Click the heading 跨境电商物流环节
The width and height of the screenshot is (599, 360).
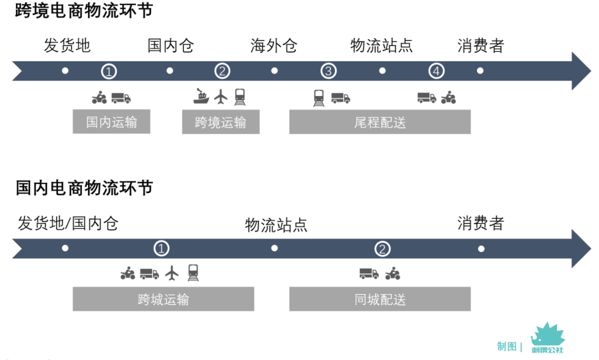(84, 11)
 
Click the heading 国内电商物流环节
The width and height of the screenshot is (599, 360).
(84, 189)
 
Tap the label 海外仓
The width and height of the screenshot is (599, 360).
(273, 45)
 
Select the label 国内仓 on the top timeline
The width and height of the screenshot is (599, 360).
(170, 45)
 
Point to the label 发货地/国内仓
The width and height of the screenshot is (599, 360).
(68, 224)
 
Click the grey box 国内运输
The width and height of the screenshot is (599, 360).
(111, 122)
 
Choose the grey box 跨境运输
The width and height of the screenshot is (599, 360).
(221, 122)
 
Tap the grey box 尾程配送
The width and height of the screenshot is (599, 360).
(380, 122)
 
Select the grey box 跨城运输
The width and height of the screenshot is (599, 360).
(163, 300)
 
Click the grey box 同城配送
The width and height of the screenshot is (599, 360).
(380, 300)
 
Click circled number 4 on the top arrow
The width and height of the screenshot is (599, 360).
(437, 71)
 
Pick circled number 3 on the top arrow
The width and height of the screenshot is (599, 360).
(329, 71)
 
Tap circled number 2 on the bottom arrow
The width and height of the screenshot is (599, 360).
(382, 249)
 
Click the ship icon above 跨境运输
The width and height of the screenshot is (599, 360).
(201, 97)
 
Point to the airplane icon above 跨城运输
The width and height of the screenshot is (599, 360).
(173, 273)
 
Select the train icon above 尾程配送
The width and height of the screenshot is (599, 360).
(319, 98)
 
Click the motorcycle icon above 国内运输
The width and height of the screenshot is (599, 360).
(99, 98)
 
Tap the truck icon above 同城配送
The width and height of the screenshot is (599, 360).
(369, 273)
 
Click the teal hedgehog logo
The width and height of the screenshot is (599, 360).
(547, 337)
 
